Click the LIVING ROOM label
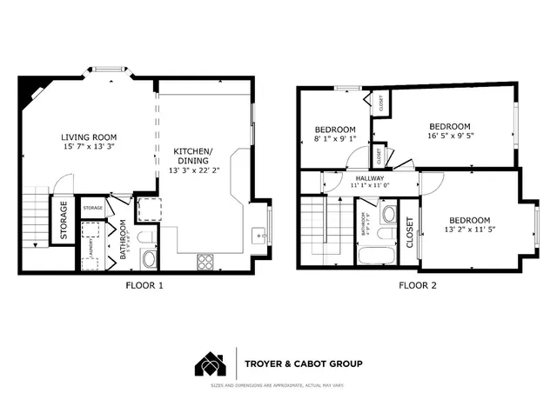(89, 137)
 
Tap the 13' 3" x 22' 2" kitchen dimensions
(199, 170)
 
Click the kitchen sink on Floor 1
(258, 235)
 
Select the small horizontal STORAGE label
(93, 208)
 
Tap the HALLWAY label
(367, 177)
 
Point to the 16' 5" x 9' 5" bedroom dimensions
(449, 137)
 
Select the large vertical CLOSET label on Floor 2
(410, 233)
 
